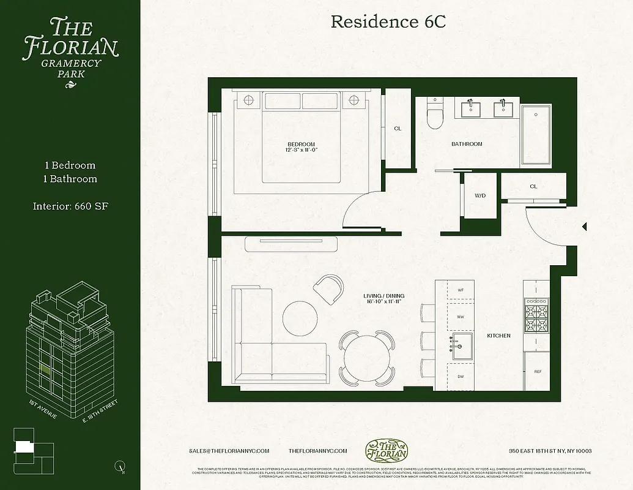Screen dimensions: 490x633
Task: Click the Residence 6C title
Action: coord(388,22)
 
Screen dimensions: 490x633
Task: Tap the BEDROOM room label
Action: coord(300,145)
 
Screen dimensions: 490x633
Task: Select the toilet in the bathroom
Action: coord(435,115)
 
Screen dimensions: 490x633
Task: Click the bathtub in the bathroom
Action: coord(536,135)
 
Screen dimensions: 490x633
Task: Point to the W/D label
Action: coord(480,196)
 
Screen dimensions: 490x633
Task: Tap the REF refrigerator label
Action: coord(538,372)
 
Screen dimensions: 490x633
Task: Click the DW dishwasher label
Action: coord(461,377)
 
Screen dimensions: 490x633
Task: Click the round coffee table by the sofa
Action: coord(300,317)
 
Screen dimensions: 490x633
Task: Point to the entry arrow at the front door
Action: coord(584,227)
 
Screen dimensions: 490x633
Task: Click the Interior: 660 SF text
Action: coord(70,207)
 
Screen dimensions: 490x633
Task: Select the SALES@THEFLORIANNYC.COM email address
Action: coord(229,451)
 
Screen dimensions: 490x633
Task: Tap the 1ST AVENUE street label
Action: coord(43,409)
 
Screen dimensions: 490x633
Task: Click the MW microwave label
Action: coord(461,317)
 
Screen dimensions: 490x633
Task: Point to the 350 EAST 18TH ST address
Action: coord(550,451)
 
